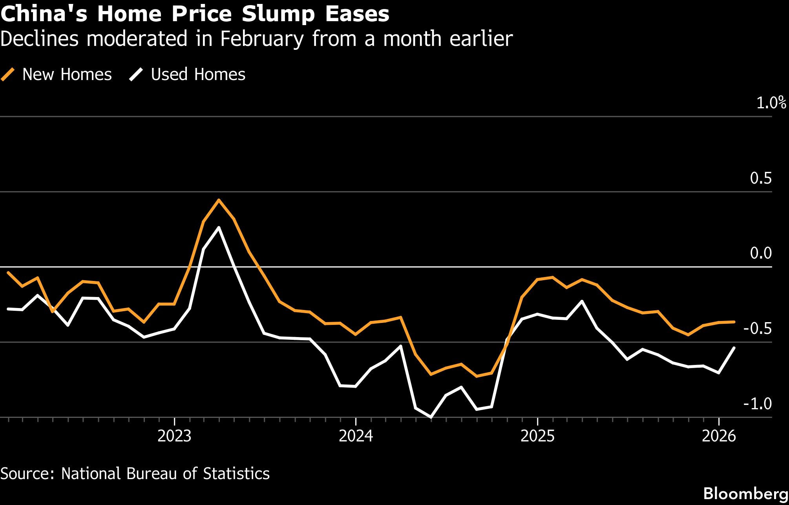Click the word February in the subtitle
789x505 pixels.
[x=262, y=39]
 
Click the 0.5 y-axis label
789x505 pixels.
[x=760, y=178]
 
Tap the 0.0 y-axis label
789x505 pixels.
[x=760, y=253]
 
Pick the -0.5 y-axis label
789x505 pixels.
[x=757, y=329]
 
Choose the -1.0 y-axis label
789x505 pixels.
[x=757, y=404]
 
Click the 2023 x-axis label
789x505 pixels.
[x=174, y=436]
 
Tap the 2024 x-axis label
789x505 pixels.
[x=356, y=436]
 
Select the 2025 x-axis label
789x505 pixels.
[x=537, y=436]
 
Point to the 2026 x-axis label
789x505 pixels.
[x=719, y=436]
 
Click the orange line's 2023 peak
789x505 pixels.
[x=219, y=200]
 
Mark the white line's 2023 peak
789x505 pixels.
[x=219, y=228]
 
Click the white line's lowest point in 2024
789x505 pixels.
[x=431, y=417]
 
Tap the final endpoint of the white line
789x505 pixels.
[x=734, y=348]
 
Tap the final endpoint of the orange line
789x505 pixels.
[x=734, y=322]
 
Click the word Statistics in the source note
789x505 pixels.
[x=236, y=474]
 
